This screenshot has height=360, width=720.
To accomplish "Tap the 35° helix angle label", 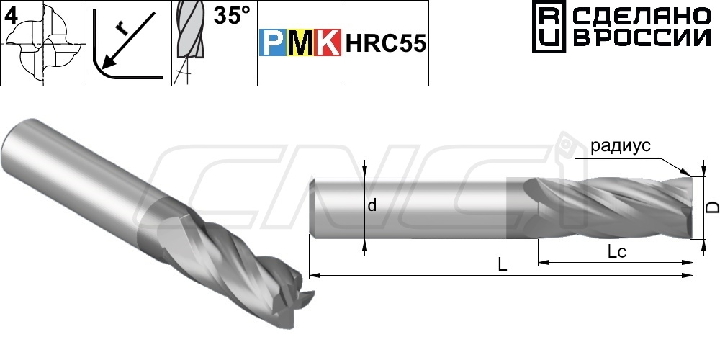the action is click(x=233, y=16).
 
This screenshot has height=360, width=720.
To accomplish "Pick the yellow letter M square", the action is click(x=300, y=42).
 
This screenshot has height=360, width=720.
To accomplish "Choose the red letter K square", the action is click(x=328, y=42).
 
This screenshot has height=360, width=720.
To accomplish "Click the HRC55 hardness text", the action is click(x=386, y=43).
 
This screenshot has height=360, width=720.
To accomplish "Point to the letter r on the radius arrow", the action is click(x=121, y=29).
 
